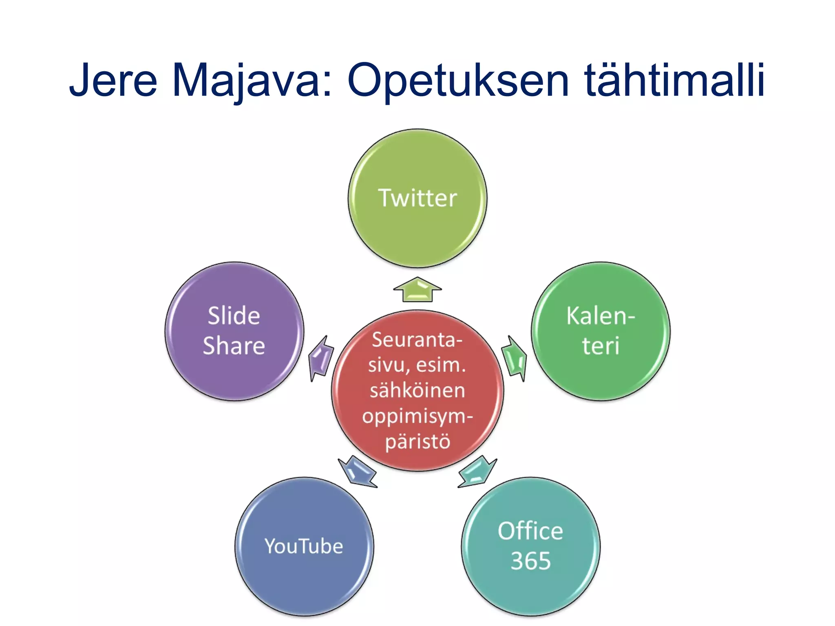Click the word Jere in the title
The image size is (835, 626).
click(113, 80)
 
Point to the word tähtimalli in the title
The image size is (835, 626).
click(674, 80)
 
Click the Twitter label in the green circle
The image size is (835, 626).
click(417, 198)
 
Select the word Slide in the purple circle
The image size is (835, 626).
click(234, 316)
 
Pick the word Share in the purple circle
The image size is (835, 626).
click(234, 346)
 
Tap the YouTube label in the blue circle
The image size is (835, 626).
click(304, 546)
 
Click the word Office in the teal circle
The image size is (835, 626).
click(530, 531)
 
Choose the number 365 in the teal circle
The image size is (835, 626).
click(530, 561)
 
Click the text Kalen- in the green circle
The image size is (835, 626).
click(600, 316)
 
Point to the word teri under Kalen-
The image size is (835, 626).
click(600, 346)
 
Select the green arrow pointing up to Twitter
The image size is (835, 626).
click(417, 290)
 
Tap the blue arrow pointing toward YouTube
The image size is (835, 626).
click(358, 472)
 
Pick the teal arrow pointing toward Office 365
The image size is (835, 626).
click(477, 472)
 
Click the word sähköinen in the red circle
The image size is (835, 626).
click(417, 390)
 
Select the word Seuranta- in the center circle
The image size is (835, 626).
click(417, 340)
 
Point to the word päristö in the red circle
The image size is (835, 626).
click(417, 442)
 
